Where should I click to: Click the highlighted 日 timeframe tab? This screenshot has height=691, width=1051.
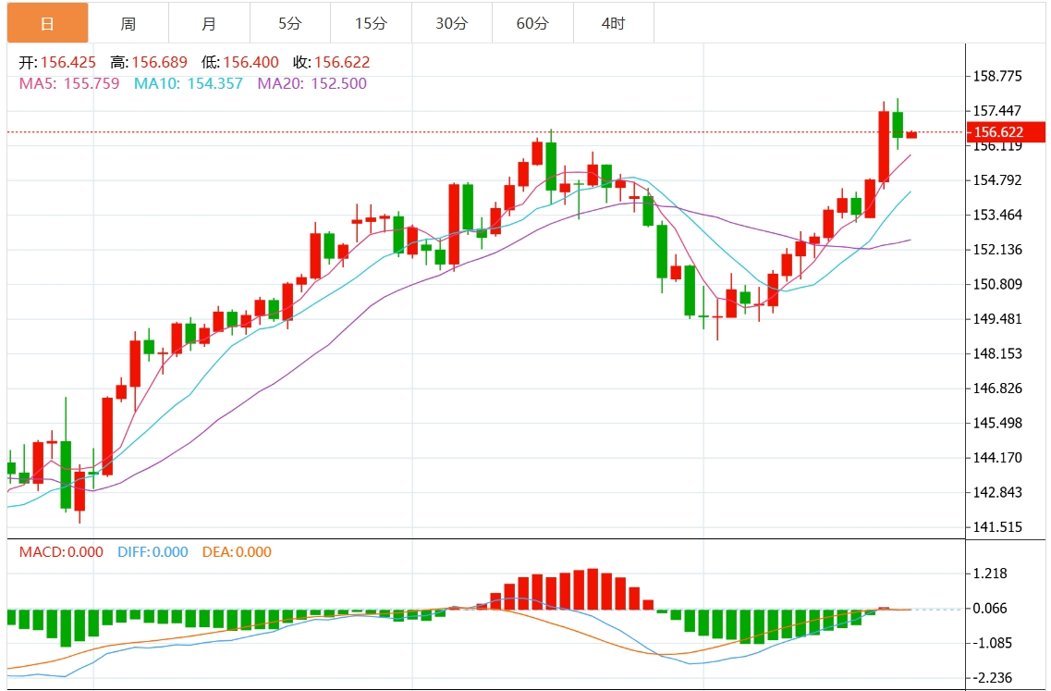47,23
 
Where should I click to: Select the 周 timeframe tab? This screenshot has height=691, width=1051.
128,23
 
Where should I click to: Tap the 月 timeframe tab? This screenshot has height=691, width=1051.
209,23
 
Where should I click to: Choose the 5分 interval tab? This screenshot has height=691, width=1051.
289,23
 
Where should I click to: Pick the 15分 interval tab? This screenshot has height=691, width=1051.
370,23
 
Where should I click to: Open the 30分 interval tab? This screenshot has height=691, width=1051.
451,23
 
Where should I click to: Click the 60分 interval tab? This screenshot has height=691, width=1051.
532,23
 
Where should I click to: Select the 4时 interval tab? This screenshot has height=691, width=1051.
613,23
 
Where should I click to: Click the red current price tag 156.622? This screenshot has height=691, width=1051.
1006,132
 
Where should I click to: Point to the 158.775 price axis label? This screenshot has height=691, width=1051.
997,77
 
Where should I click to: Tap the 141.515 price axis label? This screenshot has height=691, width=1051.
997,527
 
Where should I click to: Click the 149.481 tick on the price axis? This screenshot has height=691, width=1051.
997,319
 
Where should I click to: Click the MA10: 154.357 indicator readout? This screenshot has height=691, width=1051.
189,83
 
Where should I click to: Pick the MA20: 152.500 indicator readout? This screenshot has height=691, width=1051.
312,83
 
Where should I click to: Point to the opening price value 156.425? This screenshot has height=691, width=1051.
67,63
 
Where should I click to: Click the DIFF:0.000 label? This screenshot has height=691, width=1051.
153,552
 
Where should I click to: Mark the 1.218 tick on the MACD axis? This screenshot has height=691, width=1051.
990,574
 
